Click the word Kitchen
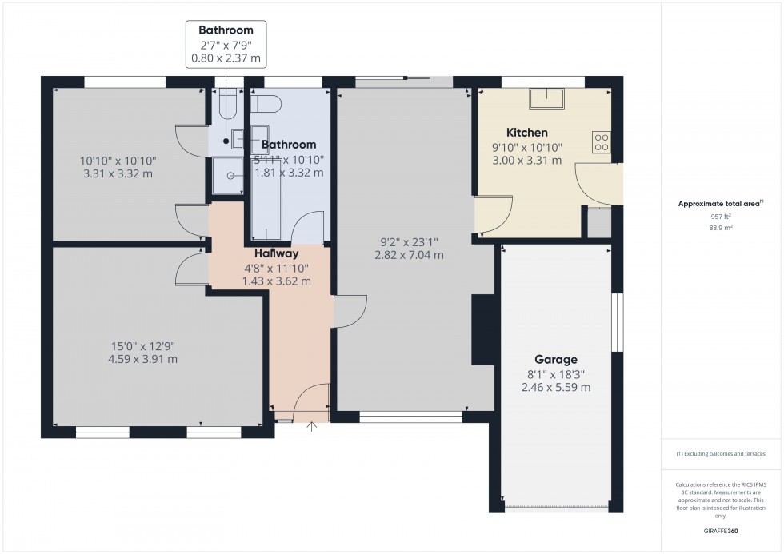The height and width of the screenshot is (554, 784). [x=527, y=132]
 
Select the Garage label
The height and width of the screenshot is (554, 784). [x=556, y=360]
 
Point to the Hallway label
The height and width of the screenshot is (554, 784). [x=277, y=253]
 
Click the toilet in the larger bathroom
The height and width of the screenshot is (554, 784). [x=266, y=104]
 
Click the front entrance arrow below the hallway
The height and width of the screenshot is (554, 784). [x=312, y=426]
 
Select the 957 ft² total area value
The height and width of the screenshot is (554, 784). [x=722, y=217]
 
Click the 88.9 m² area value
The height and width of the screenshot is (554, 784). [x=722, y=227]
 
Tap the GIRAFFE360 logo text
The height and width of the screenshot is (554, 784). [x=722, y=530]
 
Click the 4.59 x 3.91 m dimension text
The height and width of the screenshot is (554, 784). [x=144, y=360]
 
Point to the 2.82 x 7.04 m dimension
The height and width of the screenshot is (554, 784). [x=409, y=255]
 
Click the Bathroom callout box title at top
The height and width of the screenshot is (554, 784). [x=226, y=30]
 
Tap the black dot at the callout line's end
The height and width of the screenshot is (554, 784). [x=226, y=142]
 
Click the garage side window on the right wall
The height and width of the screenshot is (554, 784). [x=617, y=322]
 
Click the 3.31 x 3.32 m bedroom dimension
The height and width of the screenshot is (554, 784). [x=120, y=173]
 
